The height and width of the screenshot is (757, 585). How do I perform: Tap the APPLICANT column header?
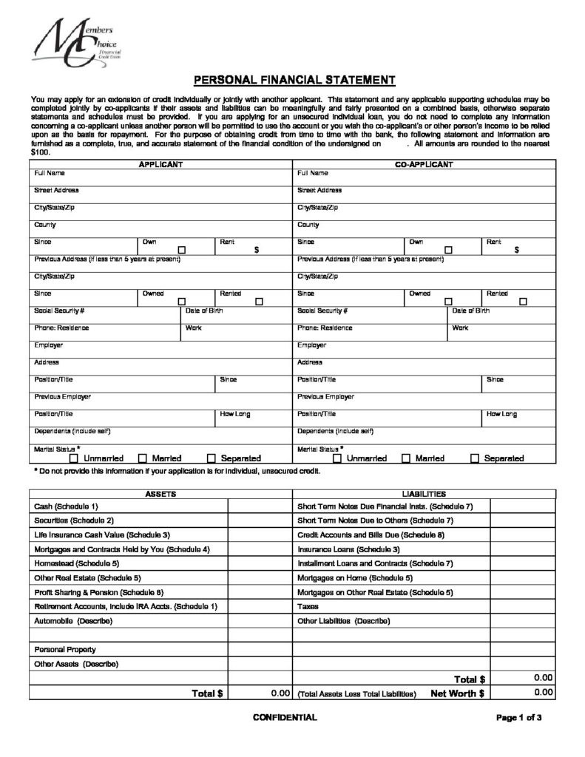[x=161, y=163]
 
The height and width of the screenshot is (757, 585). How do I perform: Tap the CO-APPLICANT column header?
[x=425, y=163]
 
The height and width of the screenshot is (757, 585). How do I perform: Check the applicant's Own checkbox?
[x=181, y=250]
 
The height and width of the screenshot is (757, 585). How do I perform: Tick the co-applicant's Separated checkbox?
[x=475, y=458]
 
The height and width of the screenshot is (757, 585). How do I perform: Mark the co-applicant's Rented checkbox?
[x=524, y=302]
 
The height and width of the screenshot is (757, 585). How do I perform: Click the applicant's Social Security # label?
[x=59, y=310]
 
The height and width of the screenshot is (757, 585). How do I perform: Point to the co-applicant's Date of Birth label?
[x=470, y=310]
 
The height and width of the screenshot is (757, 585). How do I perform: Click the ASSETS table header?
[x=160, y=492]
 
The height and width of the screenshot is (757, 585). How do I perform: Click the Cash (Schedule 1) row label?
[x=67, y=506]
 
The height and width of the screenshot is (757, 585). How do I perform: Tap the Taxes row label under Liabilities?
[x=307, y=605]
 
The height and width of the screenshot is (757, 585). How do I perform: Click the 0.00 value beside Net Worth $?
[x=543, y=693]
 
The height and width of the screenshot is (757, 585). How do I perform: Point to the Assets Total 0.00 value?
[x=278, y=693]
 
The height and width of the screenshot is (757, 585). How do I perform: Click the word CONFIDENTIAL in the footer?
[x=285, y=718]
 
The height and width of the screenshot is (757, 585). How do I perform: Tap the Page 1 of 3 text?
[x=519, y=718]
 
